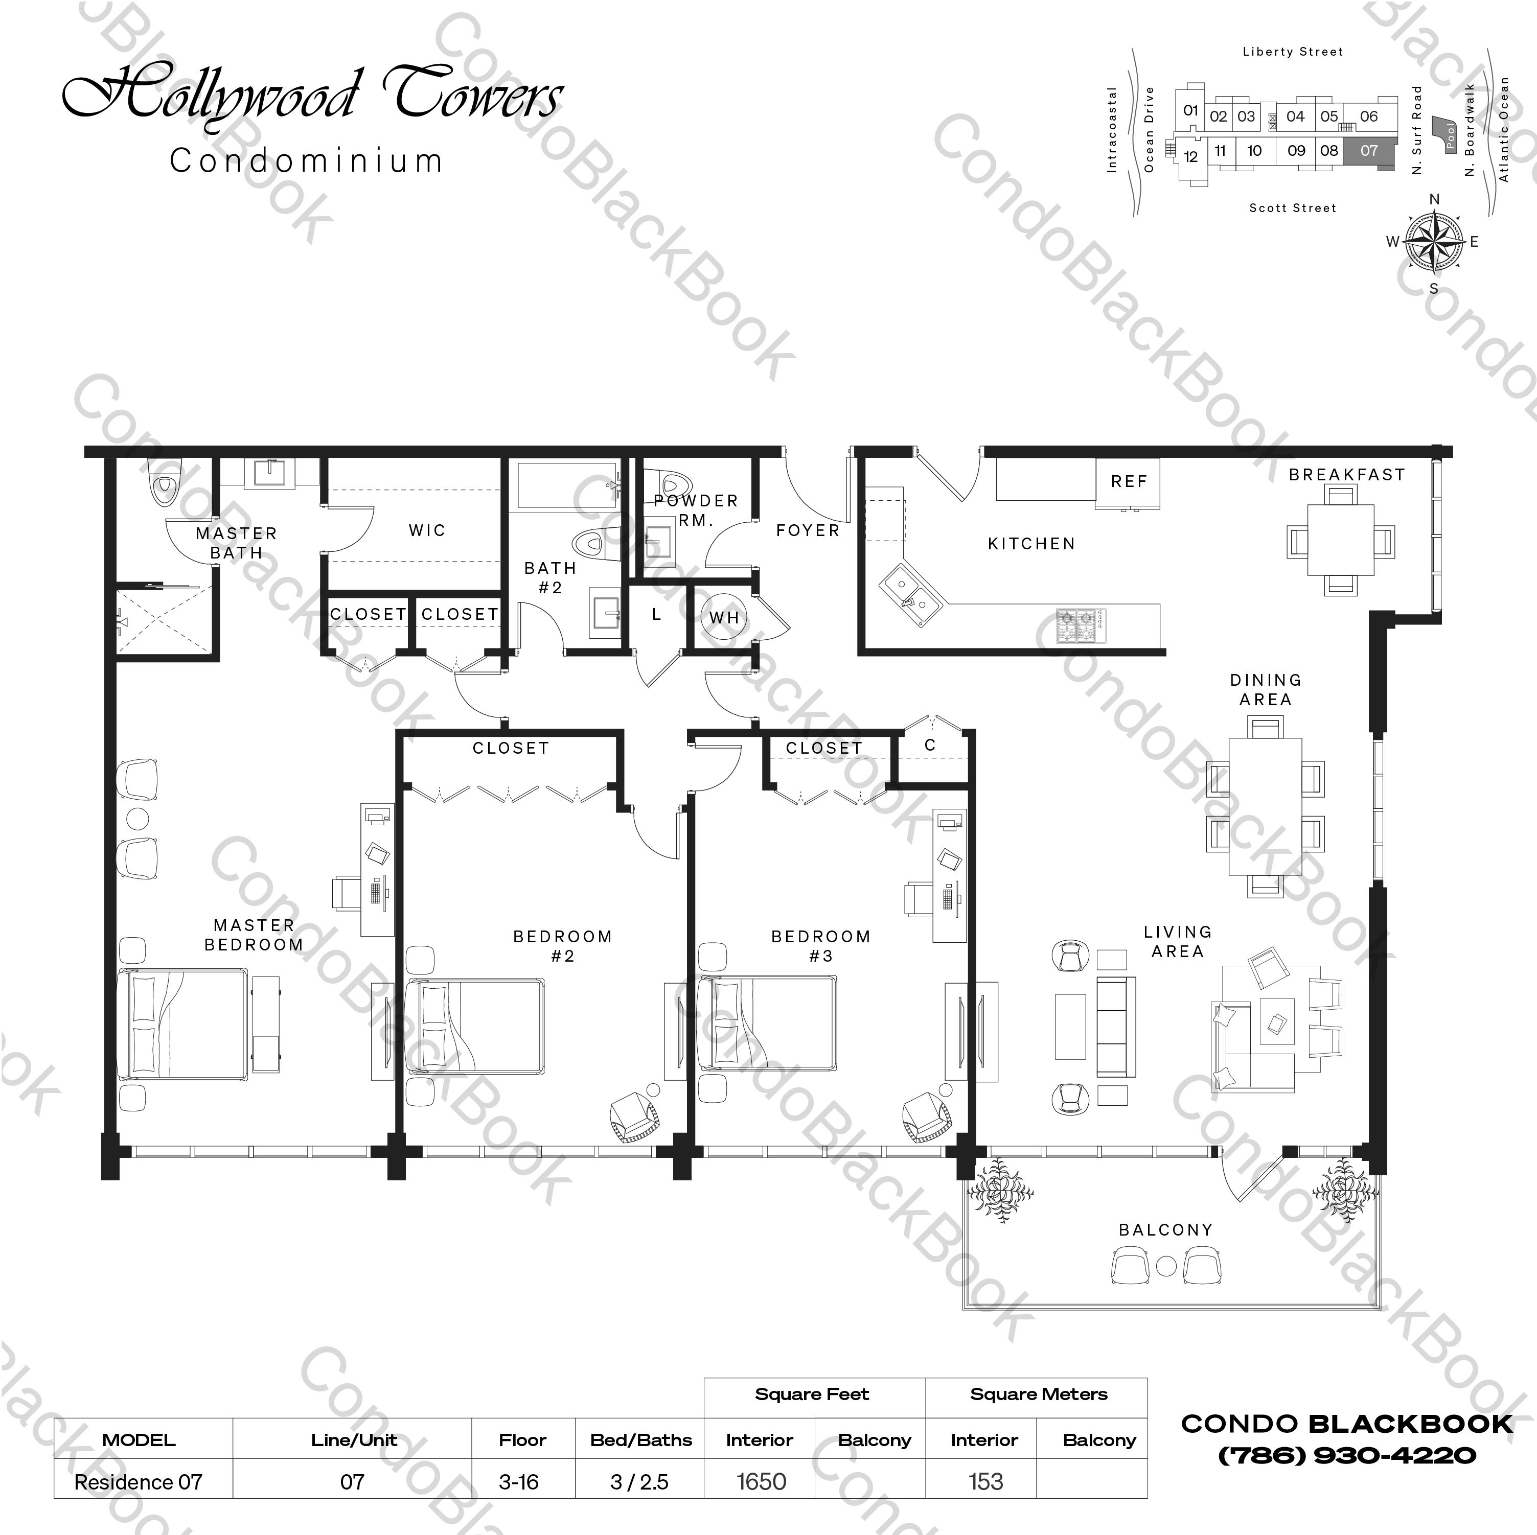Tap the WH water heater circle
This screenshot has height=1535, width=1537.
[724, 617]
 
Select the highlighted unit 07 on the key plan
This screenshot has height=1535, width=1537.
[1368, 150]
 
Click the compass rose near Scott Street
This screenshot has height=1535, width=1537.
[1434, 242]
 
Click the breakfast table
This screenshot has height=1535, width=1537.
[1341, 539]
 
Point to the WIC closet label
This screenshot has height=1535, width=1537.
[427, 530]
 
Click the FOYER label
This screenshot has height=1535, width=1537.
[808, 530]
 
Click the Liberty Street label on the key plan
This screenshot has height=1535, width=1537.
[1292, 52]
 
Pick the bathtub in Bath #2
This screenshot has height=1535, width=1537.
[566, 484]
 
